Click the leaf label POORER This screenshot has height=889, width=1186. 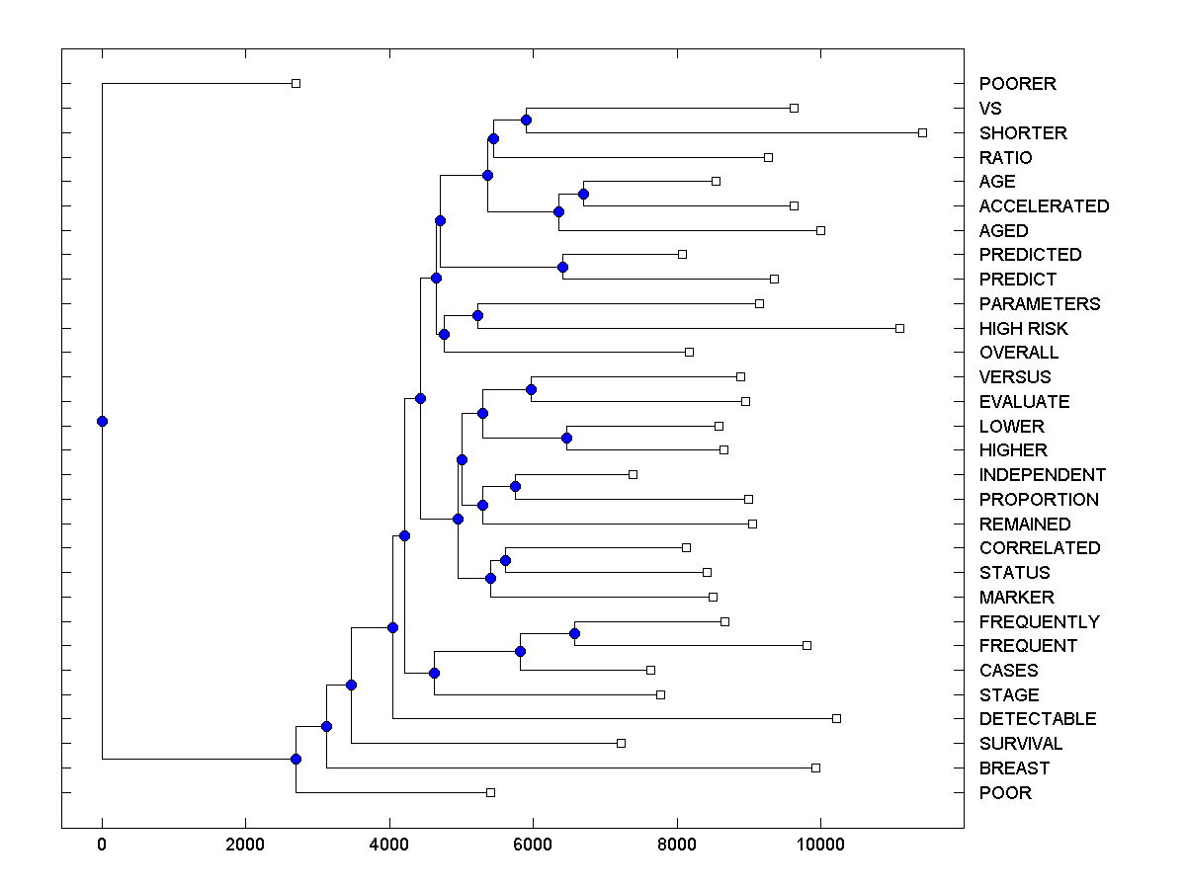pos(1017,84)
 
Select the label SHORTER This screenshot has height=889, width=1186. pos(1023,133)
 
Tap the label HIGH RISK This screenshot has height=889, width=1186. pos(1023,329)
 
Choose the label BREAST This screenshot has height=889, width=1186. pos(1014,768)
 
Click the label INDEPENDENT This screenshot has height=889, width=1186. pos(1042,475)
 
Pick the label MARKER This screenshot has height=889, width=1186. pos(1016,598)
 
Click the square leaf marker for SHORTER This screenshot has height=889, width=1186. pos(922,132)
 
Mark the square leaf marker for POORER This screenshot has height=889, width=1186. pos(296,83)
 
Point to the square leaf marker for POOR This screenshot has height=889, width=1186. pos(490,792)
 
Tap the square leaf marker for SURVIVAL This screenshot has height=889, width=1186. pos(621,743)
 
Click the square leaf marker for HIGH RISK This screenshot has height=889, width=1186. pos(899,328)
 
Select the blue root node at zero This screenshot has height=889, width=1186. pos(102,421)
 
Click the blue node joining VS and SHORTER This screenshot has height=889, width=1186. pos(526,121)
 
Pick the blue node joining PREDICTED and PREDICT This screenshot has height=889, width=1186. pos(562,267)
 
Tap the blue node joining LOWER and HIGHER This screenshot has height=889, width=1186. pos(566,438)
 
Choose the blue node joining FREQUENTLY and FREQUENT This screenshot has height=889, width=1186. pos(574,633)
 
